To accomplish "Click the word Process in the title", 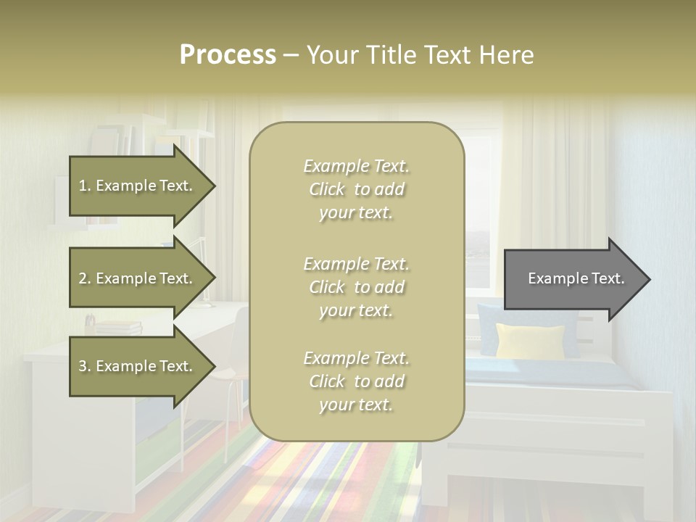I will tap(228, 55).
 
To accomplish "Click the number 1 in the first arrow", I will tap(82, 186).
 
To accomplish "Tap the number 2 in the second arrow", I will tap(82, 279).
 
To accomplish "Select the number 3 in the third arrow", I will tap(82, 367).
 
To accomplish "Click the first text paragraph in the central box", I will tap(356, 189).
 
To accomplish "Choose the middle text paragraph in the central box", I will tap(356, 287).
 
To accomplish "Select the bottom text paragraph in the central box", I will tap(356, 381).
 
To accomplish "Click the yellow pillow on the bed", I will tap(530, 341).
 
